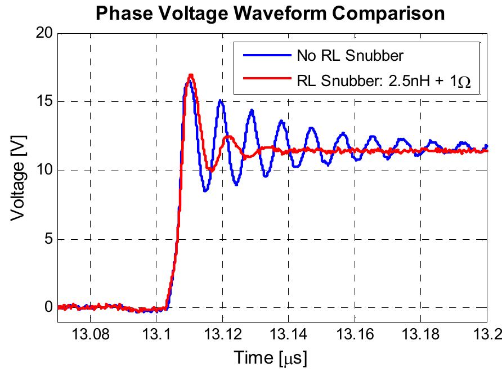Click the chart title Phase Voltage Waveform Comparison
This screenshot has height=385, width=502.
pos(270,13)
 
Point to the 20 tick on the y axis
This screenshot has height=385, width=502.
pos(46,34)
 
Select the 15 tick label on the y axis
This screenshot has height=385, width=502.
pos(46,102)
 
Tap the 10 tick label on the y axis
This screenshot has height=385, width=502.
pos(46,171)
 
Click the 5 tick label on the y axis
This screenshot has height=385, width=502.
pos(50,240)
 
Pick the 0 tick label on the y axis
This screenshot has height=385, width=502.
pos(50,308)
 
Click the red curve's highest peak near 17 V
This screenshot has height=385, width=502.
pos(191,75)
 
